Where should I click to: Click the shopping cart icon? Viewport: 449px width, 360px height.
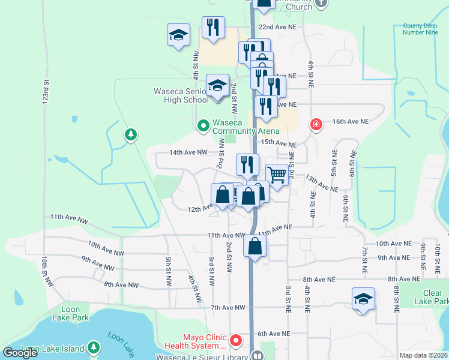click(x=277, y=175)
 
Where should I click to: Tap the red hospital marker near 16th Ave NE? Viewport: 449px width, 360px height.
click(x=315, y=125)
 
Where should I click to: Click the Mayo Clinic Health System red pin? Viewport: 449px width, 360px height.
click(x=236, y=341)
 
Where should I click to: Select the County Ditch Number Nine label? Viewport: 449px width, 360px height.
click(x=421, y=30)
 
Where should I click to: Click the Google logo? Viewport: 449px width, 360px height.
click(x=20, y=353)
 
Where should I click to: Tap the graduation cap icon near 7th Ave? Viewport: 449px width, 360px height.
click(x=363, y=298)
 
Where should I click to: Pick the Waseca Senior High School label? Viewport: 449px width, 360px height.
click(x=181, y=95)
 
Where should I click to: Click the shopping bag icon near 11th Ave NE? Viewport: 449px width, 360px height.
click(x=255, y=246)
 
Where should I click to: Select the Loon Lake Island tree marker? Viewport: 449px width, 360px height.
click(x=93, y=347)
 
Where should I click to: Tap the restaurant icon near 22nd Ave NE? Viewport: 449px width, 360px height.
click(x=213, y=28)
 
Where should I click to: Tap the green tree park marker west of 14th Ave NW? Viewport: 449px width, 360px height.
click(x=130, y=134)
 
